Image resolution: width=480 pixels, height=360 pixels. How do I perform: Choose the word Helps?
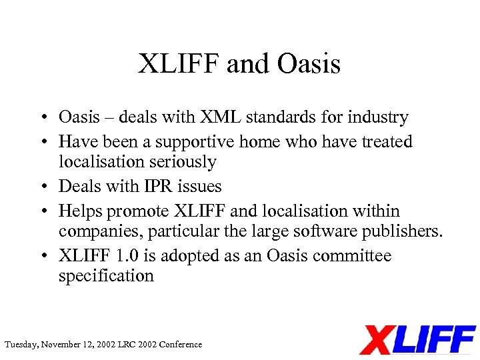(81, 211)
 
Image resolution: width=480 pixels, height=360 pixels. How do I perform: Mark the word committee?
(356, 256)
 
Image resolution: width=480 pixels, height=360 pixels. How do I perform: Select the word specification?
(106, 276)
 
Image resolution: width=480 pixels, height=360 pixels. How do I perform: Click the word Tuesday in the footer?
(21, 345)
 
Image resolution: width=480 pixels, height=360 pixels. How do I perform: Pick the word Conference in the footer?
(179, 345)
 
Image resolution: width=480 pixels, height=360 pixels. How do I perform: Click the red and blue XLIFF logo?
(417, 339)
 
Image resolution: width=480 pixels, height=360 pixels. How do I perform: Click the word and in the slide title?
(249, 65)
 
